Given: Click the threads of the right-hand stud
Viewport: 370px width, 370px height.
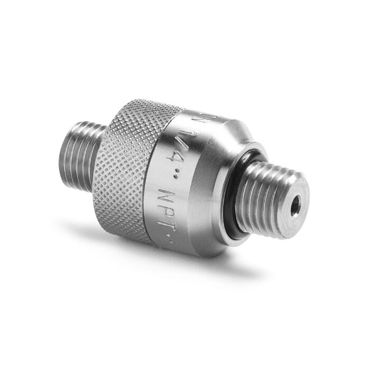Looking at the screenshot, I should (x=264, y=196).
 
